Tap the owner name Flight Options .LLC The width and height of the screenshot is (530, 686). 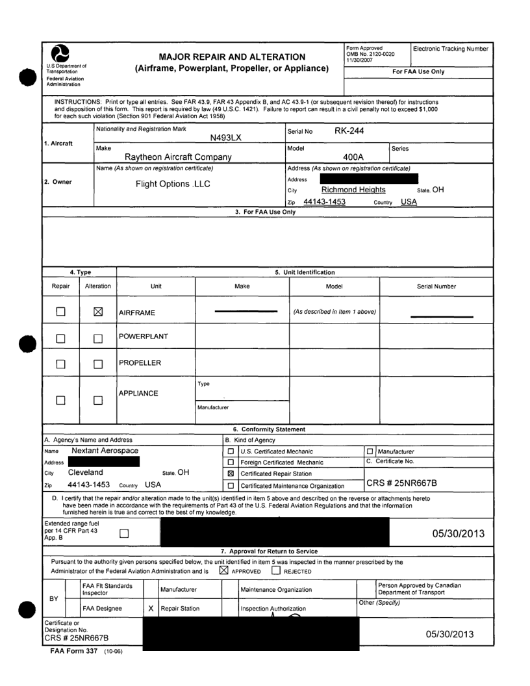(x=172, y=184)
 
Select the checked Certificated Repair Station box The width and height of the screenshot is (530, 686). (x=231, y=474)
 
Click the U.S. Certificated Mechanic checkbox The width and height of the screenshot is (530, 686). (x=231, y=451)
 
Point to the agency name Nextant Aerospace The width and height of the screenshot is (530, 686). (x=105, y=450)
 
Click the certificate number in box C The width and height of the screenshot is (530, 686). (x=406, y=483)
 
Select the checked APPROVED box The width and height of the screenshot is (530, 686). (x=224, y=571)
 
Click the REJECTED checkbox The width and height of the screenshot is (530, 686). (x=277, y=571)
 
